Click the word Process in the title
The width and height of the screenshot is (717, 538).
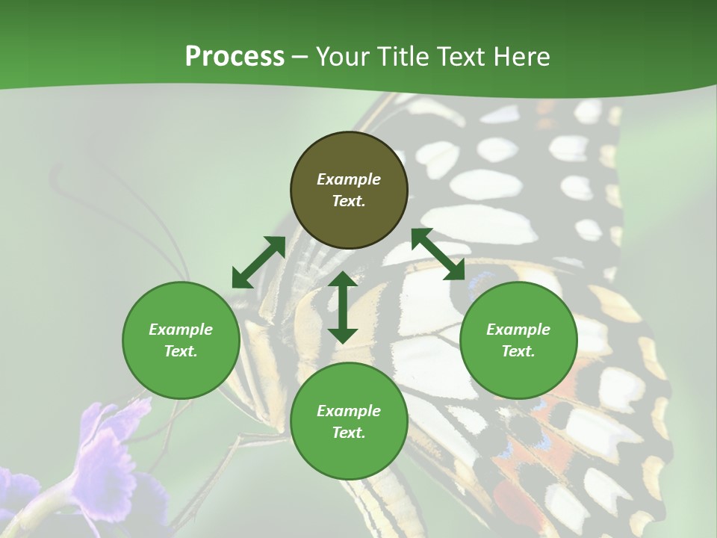[x=235, y=57]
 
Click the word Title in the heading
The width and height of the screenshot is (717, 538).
[x=399, y=57]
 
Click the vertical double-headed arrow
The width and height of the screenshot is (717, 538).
[x=343, y=307]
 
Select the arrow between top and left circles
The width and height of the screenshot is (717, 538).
[x=258, y=262]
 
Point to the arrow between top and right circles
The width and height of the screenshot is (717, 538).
[x=438, y=254]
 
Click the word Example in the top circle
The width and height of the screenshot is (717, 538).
[x=349, y=179]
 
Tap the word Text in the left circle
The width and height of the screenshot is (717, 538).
[x=181, y=351]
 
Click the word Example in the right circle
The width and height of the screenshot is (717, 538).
[x=518, y=330]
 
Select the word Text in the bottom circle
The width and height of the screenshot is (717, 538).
[x=349, y=433]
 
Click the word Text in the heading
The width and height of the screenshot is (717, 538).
[x=461, y=57]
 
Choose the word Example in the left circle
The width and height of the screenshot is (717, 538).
[x=181, y=330]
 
